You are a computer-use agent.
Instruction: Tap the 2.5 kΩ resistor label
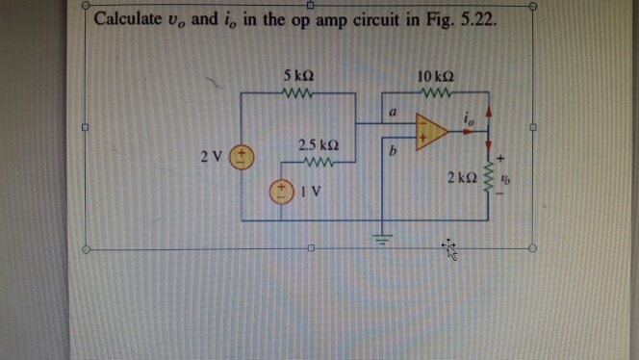coord(316,145)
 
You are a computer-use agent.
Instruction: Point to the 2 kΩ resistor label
coord(465,178)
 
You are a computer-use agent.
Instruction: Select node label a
coord(393,114)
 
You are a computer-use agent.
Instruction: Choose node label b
coord(392,150)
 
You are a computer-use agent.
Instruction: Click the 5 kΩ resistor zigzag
coord(298,93)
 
